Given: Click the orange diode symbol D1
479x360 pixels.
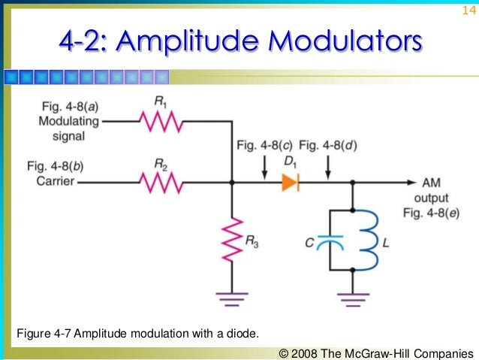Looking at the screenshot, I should coord(291,182).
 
